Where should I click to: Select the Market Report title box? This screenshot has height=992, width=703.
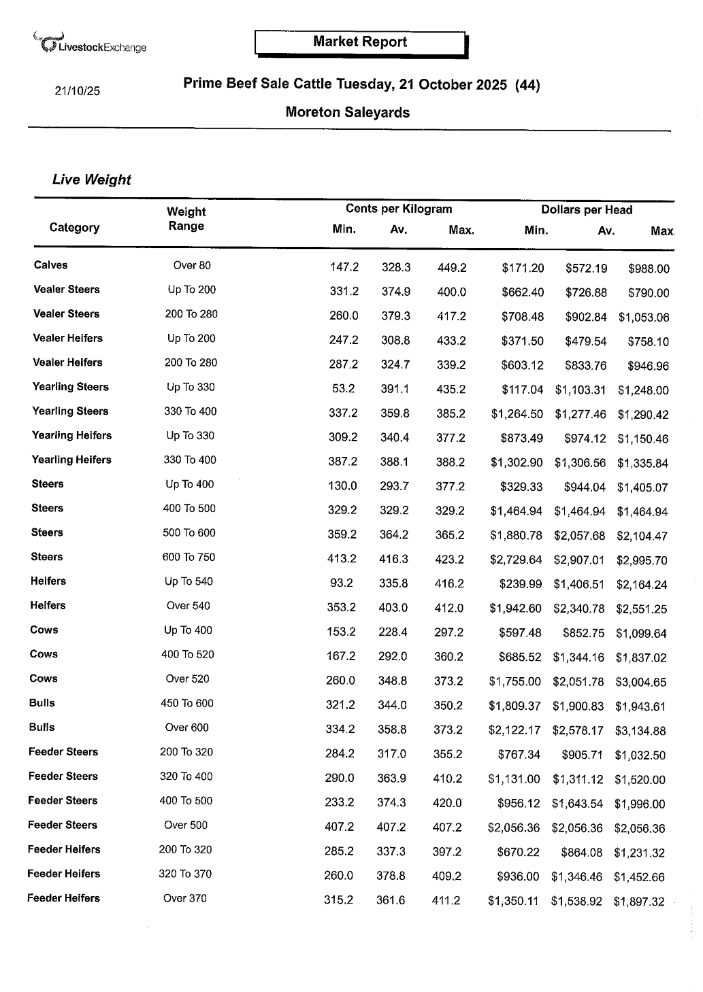360,42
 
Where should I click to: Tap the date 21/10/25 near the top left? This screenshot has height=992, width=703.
77,90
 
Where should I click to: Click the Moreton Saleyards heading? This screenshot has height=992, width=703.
347,112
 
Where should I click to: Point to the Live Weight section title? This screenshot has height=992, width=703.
91,179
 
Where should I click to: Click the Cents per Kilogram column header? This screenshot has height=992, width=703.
398,209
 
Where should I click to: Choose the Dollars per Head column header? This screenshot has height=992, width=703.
586,210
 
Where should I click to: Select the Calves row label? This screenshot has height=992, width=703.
50,265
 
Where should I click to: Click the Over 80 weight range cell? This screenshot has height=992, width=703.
192,265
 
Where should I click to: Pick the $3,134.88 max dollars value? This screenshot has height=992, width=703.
640,731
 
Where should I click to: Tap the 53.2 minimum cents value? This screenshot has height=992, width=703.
343,389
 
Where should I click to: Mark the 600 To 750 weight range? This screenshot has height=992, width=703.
189,557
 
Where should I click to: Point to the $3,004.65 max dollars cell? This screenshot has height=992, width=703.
641,682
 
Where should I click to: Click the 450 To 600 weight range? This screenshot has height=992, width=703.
186,703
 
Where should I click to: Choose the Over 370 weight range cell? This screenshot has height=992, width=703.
184,898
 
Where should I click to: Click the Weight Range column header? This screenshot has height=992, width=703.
186,219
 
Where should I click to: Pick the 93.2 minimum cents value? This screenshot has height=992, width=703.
342,583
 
